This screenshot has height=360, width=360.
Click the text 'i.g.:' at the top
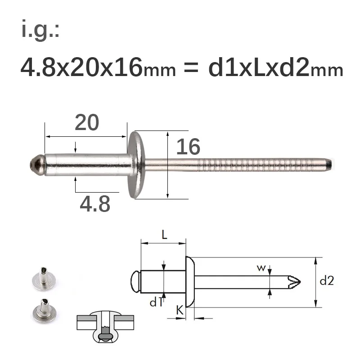pyautogui.click(x=40, y=31)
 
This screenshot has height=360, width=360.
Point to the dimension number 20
pyautogui.click(x=86, y=122)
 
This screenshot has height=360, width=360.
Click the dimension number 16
pyautogui.click(x=188, y=147)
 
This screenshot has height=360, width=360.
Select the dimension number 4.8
pyautogui.click(x=94, y=204)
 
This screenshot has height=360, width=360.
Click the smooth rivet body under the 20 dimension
pyautogui.click(x=85, y=165)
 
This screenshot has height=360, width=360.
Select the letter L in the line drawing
pyautogui.click(x=164, y=234)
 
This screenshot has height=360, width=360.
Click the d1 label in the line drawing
pyautogui.click(x=156, y=302)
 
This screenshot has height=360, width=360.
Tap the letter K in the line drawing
pyautogui.click(x=180, y=310)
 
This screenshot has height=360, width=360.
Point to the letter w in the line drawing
pyautogui.click(x=261, y=269)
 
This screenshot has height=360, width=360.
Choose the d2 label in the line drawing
pyautogui.click(x=327, y=281)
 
